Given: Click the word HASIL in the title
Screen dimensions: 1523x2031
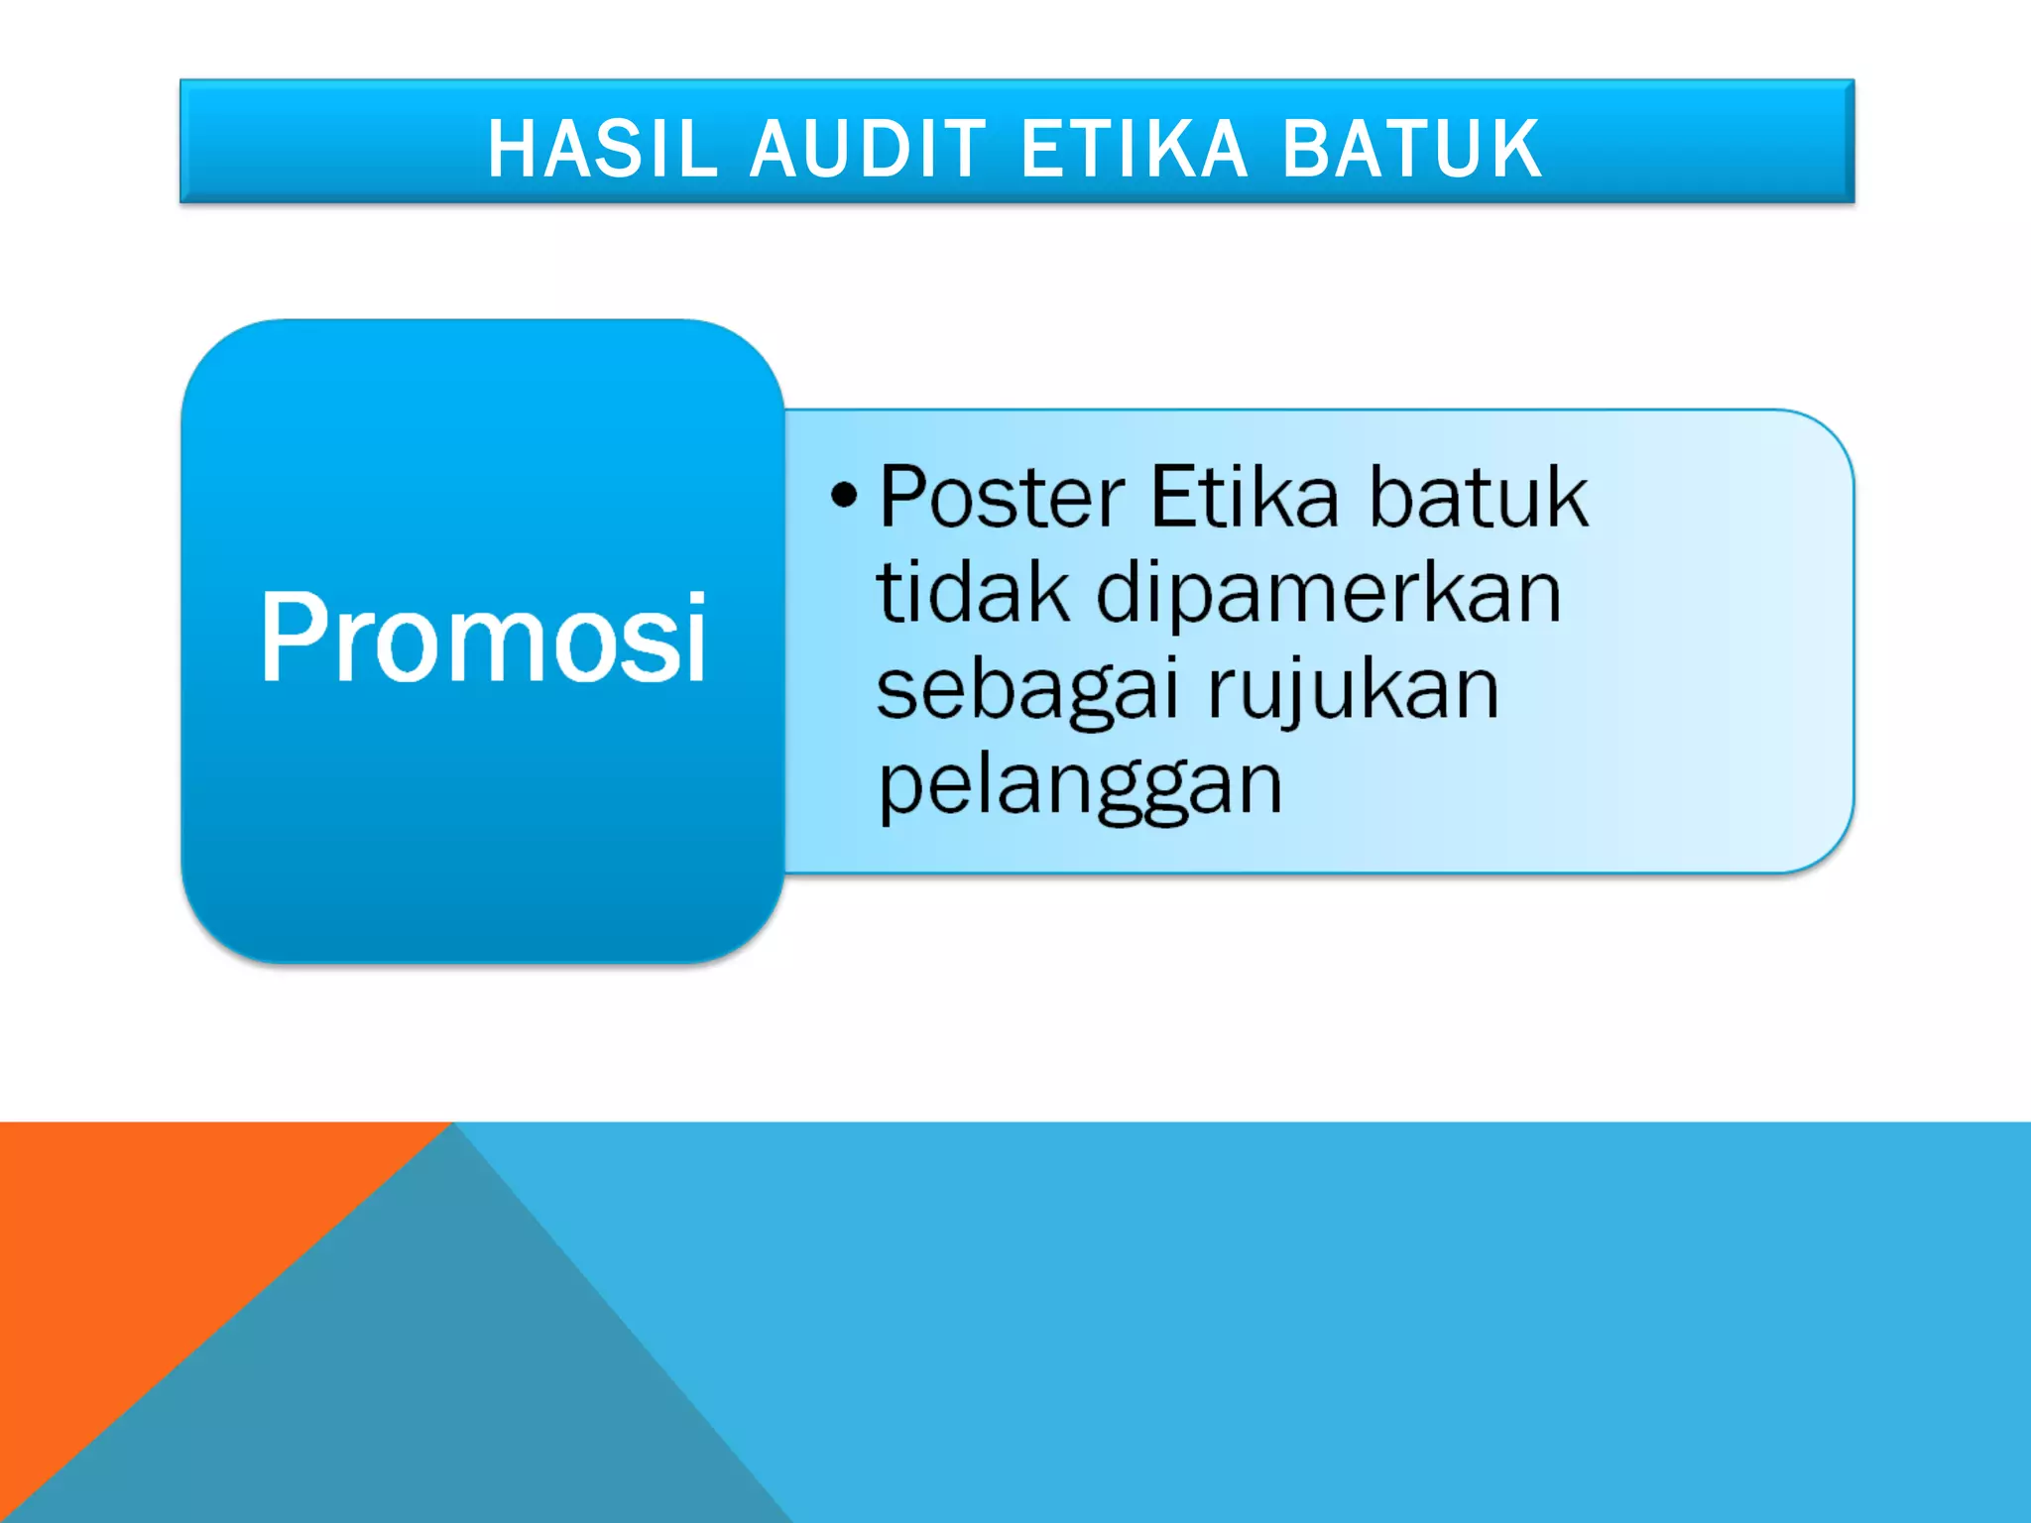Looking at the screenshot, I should pos(602,149).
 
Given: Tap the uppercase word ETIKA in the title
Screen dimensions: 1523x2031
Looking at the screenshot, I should pos(1134,149).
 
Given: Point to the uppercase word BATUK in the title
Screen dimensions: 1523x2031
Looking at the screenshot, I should pos(1412,149).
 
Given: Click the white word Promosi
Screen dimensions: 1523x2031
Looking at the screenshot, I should pos(483,637).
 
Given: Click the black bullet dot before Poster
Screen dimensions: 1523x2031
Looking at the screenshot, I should pos(844,494).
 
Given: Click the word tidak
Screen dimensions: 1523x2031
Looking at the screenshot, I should pos(973,592).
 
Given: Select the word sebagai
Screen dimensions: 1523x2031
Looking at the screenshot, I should pos(1027,690).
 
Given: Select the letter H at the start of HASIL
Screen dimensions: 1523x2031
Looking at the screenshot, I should pos(510,149).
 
